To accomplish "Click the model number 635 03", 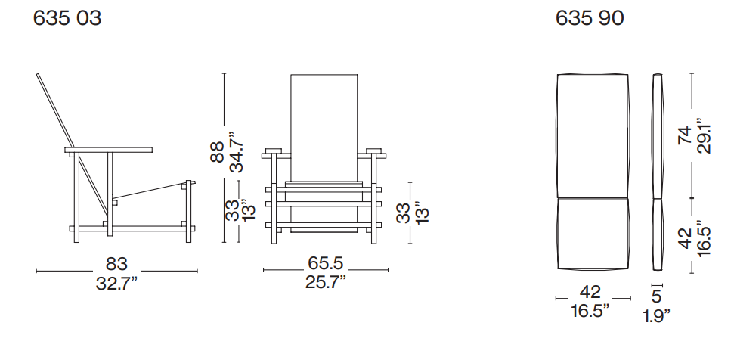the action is pyautogui.click(x=67, y=18).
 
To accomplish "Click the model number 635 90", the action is pyautogui.click(x=590, y=18).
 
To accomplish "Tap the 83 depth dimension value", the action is pyautogui.click(x=116, y=264).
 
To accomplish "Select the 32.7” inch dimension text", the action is pyautogui.click(x=116, y=283).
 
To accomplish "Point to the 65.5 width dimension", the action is pyautogui.click(x=325, y=263).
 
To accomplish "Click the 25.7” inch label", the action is pyautogui.click(x=325, y=282).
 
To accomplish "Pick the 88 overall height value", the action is pyautogui.click(x=218, y=152).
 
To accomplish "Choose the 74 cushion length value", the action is pyautogui.click(x=685, y=136).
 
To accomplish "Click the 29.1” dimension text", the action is pyautogui.click(x=703, y=138).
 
